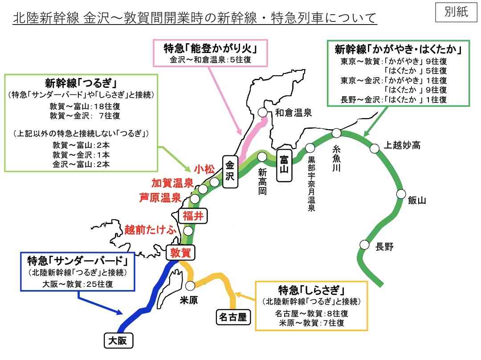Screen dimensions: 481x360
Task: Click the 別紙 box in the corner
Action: [x=456, y=12]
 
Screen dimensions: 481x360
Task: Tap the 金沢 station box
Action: [x=230, y=171]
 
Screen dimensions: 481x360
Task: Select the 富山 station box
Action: [x=284, y=165]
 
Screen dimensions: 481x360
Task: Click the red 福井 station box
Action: [x=193, y=216]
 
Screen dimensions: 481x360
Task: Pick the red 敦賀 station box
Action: [x=180, y=253]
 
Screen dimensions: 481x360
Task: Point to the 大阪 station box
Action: [x=118, y=340]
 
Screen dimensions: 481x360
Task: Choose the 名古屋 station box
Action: [x=233, y=317]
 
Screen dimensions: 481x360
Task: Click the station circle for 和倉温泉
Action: [x=263, y=112]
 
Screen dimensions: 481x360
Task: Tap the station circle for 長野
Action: [x=364, y=245]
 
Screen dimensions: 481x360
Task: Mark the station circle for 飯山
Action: [x=401, y=194]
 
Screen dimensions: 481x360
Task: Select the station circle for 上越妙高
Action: [x=375, y=148]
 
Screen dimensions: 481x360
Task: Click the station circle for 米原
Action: [x=190, y=286]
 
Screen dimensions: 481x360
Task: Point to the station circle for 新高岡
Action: [x=262, y=157]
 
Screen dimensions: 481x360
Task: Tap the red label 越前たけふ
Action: [x=151, y=230]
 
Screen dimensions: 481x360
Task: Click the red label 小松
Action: [x=204, y=169]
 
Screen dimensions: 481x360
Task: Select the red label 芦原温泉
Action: [x=160, y=197]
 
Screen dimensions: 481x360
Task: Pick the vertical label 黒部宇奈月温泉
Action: [x=311, y=184]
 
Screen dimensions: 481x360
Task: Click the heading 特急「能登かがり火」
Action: [x=210, y=49]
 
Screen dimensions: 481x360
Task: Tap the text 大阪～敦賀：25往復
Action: [x=77, y=284]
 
